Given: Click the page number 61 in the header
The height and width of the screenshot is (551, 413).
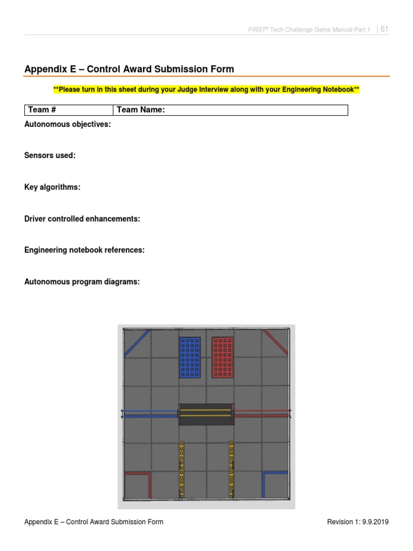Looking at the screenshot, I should (x=384, y=29).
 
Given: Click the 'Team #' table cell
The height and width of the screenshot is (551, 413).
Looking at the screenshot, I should (x=69, y=110).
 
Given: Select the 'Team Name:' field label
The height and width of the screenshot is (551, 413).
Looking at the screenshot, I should (x=140, y=110).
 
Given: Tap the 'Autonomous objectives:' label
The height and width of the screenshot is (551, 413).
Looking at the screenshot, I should (x=68, y=124).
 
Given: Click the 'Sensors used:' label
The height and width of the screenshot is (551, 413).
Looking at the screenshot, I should (x=50, y=156).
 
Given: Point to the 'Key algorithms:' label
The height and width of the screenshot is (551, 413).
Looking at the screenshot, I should (x=52, y=187).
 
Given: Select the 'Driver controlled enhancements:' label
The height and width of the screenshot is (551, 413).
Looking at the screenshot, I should (x=82, y=219).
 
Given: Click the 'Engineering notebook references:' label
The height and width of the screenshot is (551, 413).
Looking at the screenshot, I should (x=84, y=250).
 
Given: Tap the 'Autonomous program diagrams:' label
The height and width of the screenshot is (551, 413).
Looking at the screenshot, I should (x=82, y=281).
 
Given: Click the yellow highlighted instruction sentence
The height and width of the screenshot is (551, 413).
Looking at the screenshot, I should (x=206, y=89).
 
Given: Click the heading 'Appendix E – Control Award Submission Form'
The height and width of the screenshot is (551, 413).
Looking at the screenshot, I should (x=129, y=69).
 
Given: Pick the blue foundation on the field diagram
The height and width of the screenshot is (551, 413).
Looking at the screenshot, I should (x=190, y=357).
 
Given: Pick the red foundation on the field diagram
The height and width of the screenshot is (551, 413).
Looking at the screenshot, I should (x=223, y=357).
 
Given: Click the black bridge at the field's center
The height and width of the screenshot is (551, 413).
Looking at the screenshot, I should (x=206, y=414).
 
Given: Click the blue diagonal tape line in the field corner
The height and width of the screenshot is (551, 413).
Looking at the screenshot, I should (x=137, y=343).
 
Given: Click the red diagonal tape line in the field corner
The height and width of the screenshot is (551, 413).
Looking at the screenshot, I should (x=275, y=342).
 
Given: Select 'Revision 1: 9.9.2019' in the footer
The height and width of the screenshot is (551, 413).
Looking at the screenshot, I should (x=358, y=522).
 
